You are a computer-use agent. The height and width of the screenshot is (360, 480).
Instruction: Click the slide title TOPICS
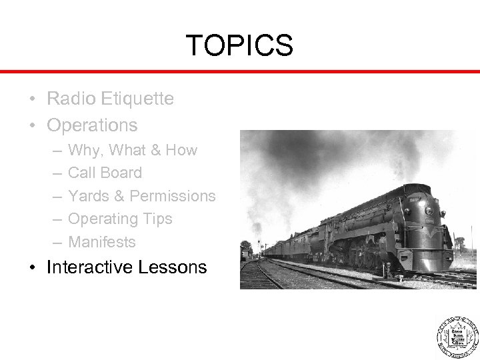pyautogui.click(x=239, y=45)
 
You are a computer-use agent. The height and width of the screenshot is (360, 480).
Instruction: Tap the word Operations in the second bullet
pyautogui.click(x=93, y=125)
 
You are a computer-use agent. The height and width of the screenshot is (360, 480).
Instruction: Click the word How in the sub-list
pyautogui.click(x=181, y=150)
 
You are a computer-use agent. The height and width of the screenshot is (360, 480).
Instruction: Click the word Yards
pyautogui.click(x=89, y=196)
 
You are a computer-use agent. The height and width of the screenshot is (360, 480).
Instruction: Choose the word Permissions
pyautogui.click(x=173, y=196)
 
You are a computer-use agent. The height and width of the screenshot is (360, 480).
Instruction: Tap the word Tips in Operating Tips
pyautogui.click(x=157, y=219)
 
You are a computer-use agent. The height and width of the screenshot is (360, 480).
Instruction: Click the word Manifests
pyautogui.click(x=102, y=241)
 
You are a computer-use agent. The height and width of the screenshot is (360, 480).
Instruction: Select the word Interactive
pyautogui.click(x=89, y=267)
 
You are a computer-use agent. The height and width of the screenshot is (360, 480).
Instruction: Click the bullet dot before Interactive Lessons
pyautogui.click(x=33, y=268)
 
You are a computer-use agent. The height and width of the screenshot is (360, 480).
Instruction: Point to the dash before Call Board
pyautogui.click(x=52, y=173)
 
